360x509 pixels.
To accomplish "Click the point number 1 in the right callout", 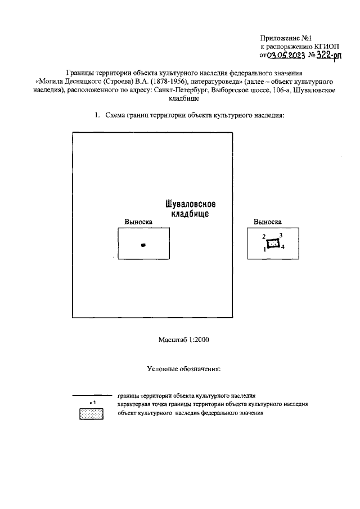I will click(x=264, y=249).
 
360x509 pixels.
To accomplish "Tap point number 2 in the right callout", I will click(x=263, y=237).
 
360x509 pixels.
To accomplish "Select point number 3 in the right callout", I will click(x=281, y=235).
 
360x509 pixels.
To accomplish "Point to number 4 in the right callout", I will click(x=283, y=247).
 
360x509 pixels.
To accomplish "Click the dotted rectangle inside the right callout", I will click(x=273, y=243).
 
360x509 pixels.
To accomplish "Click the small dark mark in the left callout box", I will click(x=143, y=245).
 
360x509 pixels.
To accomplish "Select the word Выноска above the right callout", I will click(x=268, y=222).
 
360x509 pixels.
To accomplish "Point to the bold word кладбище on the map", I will click(x=190, y=215).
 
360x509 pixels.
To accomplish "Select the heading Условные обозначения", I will click(x=184, y=369).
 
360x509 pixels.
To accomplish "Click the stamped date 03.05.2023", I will click(x=286, y=56).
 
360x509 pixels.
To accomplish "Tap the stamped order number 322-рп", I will click(x=328, y=55).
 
